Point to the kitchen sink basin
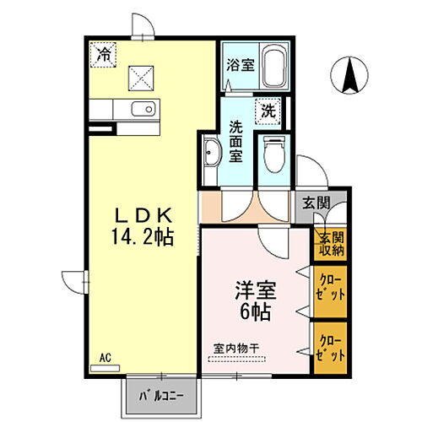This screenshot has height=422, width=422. [x=143, y=109]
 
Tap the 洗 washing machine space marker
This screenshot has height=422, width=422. [x=268, y=109]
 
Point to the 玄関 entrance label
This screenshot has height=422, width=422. [x=316, y=202]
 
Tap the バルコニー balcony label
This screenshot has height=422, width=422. [x=165, y=392]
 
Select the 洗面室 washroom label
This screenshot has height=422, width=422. [x=237, y=142]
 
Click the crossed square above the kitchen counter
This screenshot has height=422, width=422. [x=138, y=78]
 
